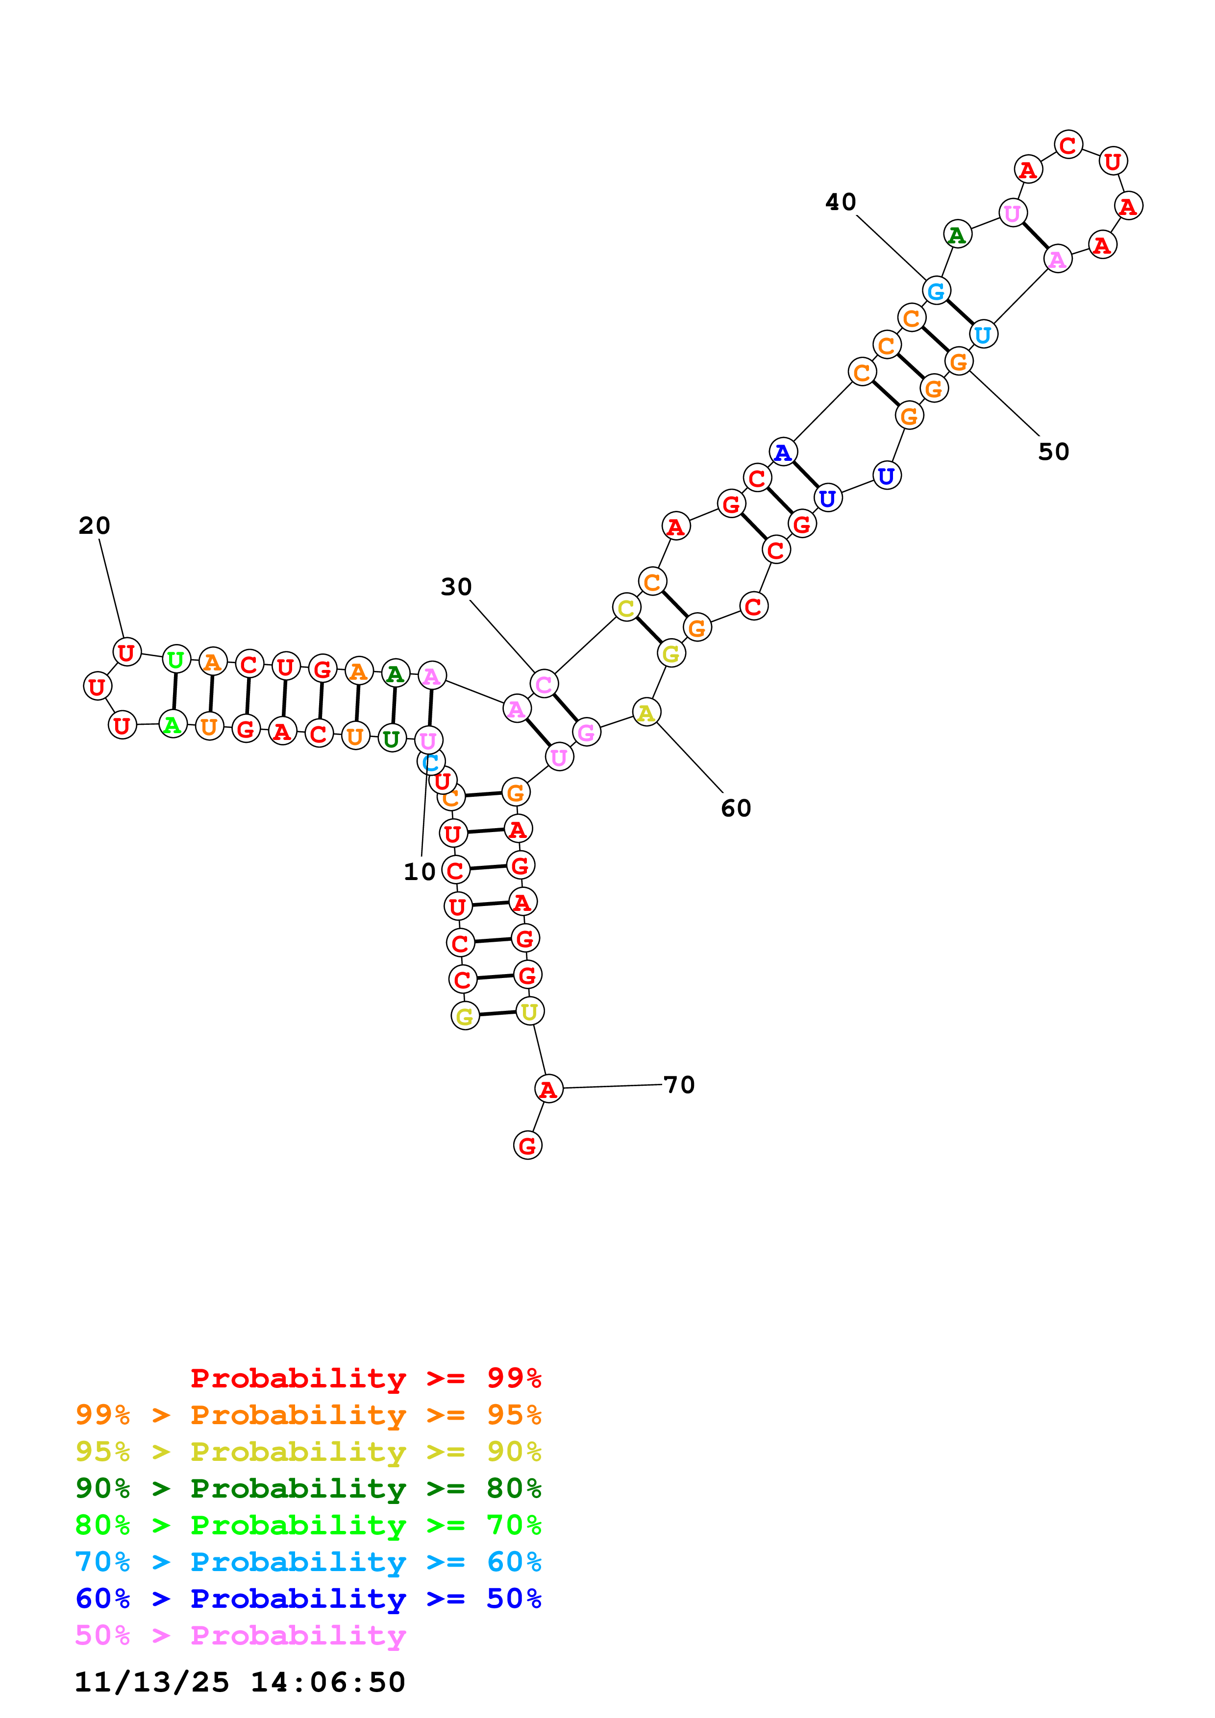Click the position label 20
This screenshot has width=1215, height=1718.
coord(94,525)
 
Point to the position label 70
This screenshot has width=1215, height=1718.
coord(679,1084)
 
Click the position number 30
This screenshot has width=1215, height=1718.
coord(456,587)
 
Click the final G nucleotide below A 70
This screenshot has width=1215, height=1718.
coord(528,1145)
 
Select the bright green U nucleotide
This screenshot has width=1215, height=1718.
coord(176,660)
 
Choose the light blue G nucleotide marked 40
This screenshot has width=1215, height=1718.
coord(936,290)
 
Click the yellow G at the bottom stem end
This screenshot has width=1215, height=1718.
coord(465,1016)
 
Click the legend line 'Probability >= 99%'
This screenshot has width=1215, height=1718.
coord(365,1378)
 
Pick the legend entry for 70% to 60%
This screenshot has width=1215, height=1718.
coord(308,1562)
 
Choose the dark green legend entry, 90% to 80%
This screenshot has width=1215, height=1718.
coord(308,1488)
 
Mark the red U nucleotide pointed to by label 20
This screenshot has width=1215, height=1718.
coord(126,652)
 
